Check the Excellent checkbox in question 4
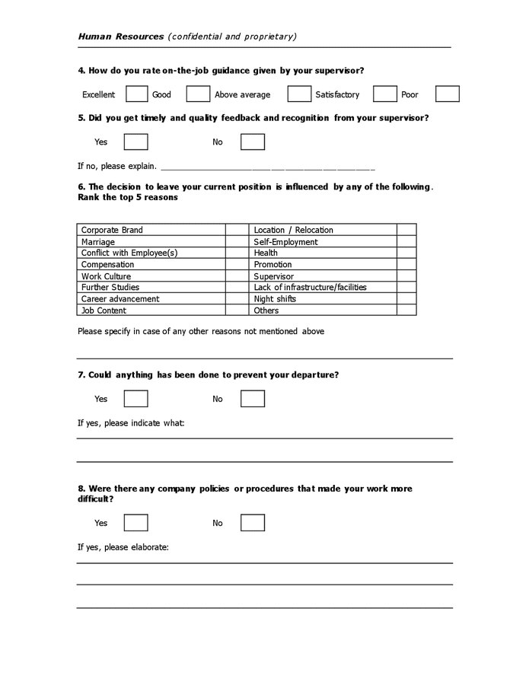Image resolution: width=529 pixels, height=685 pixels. (137, 94)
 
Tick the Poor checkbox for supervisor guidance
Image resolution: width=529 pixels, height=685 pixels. (448, 94)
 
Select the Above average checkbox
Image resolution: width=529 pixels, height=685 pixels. (299, 94)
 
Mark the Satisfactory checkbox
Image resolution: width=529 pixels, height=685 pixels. (385, 94)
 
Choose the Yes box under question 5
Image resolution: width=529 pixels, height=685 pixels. (135, 142)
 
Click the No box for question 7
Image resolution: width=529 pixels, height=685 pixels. (253, 399)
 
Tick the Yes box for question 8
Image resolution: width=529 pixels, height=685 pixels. (135, 523)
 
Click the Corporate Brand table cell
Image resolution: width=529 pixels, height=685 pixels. (151, 230)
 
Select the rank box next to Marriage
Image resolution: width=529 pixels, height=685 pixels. (237, 242)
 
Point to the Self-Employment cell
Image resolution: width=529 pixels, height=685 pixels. (323, 242)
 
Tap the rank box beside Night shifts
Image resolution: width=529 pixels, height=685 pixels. (406, 299)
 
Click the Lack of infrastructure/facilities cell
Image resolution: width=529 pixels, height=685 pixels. (323, 288)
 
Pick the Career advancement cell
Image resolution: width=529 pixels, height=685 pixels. (151, 299)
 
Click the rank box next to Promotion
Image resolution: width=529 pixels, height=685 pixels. (406, 265)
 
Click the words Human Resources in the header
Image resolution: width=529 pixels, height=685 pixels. (121, 36)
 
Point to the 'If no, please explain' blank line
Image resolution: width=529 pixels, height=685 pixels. (267, 167)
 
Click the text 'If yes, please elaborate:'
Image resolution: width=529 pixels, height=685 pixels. (123, 547)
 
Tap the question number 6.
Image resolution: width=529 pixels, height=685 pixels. (81, 186)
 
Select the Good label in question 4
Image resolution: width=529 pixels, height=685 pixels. (161, 95)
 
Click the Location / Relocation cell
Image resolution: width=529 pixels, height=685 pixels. (323, 230)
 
